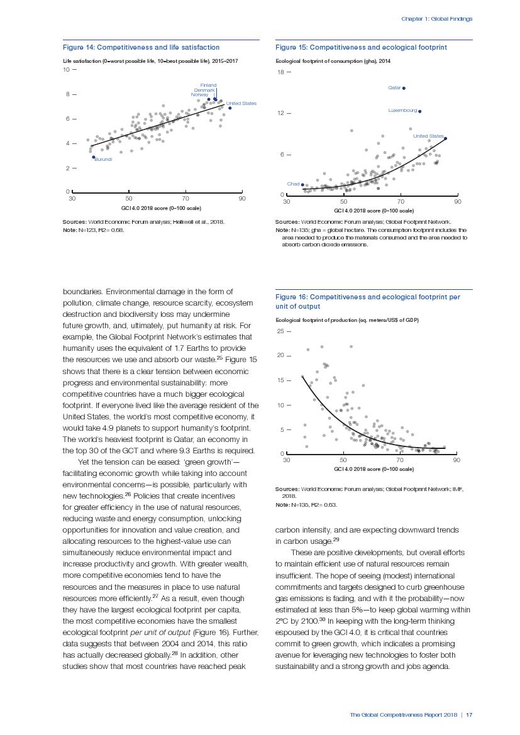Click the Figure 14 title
point(141,47)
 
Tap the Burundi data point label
point(103,160)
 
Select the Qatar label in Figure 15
point(394,88)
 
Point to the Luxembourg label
point(402,111)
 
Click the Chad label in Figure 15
point(293,184)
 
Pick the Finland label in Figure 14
point(208,85)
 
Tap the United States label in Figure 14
point(241,103)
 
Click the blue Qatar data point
point(404,88)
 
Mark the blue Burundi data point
point(93,157)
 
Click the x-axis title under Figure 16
point(373,469)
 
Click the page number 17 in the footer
point(469,715)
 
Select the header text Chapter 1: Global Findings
point(436,19)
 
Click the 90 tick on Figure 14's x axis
point(242,199)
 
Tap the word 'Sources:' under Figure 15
point(287,222)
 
